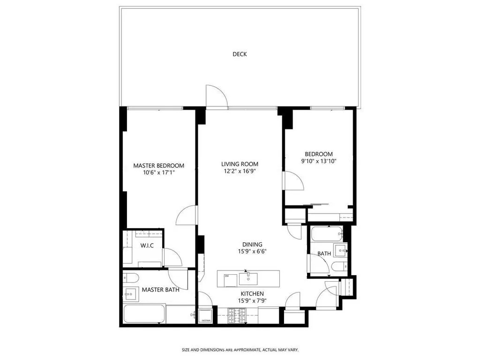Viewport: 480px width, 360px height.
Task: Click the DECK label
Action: tap(240, 54)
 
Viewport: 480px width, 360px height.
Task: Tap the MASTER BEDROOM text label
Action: tap(158, 165)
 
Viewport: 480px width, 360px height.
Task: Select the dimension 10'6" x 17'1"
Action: tap(158, 172)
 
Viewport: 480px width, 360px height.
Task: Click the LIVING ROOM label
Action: tap(240, 164)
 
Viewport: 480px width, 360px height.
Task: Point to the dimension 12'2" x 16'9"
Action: tap(240, 171)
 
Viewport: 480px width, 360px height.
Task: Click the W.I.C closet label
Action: tap(147, 246)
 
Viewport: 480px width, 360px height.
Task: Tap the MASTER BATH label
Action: tap(160, 290)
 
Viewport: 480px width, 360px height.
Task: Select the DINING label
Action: tap(252, 244)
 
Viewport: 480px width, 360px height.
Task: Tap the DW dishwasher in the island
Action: tap(226, 276)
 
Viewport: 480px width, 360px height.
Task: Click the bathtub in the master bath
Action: tap(144, 314)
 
